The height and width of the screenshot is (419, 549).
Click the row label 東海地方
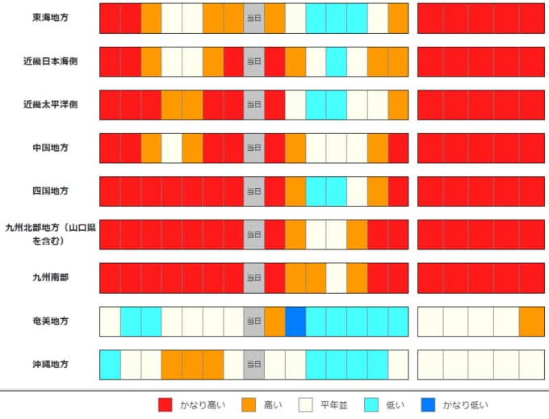[50, 18]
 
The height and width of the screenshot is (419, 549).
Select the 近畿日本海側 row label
[50, 61]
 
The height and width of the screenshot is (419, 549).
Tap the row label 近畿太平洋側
[50, 104]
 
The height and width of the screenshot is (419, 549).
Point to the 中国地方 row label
[50, 148]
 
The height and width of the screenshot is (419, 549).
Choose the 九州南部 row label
[50, 278]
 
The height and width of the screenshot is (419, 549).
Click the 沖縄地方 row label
[50, 364]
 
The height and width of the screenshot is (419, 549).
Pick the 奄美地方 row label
[50, 321]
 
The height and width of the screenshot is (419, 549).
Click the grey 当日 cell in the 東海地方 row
[254, 19]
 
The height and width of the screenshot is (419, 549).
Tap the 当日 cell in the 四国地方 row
[254, 191]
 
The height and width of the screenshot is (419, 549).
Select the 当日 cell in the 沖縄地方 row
[254, 364]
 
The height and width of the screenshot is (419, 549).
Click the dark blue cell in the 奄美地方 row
[295, 321]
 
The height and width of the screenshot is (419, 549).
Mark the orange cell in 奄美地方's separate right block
[532, 321]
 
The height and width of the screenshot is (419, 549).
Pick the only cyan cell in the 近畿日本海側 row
[337, 61]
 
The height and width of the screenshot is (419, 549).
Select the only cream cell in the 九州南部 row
[337, 278]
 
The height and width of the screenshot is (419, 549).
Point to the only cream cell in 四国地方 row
[357, 191]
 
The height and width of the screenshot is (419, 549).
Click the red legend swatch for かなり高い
[166, 405]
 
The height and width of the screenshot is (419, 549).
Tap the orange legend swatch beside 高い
[249, 405]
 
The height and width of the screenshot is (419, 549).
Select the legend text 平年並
[334, 405]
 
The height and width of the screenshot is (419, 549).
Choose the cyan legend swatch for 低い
[371, 405]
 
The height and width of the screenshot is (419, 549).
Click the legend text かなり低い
[465, 405]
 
